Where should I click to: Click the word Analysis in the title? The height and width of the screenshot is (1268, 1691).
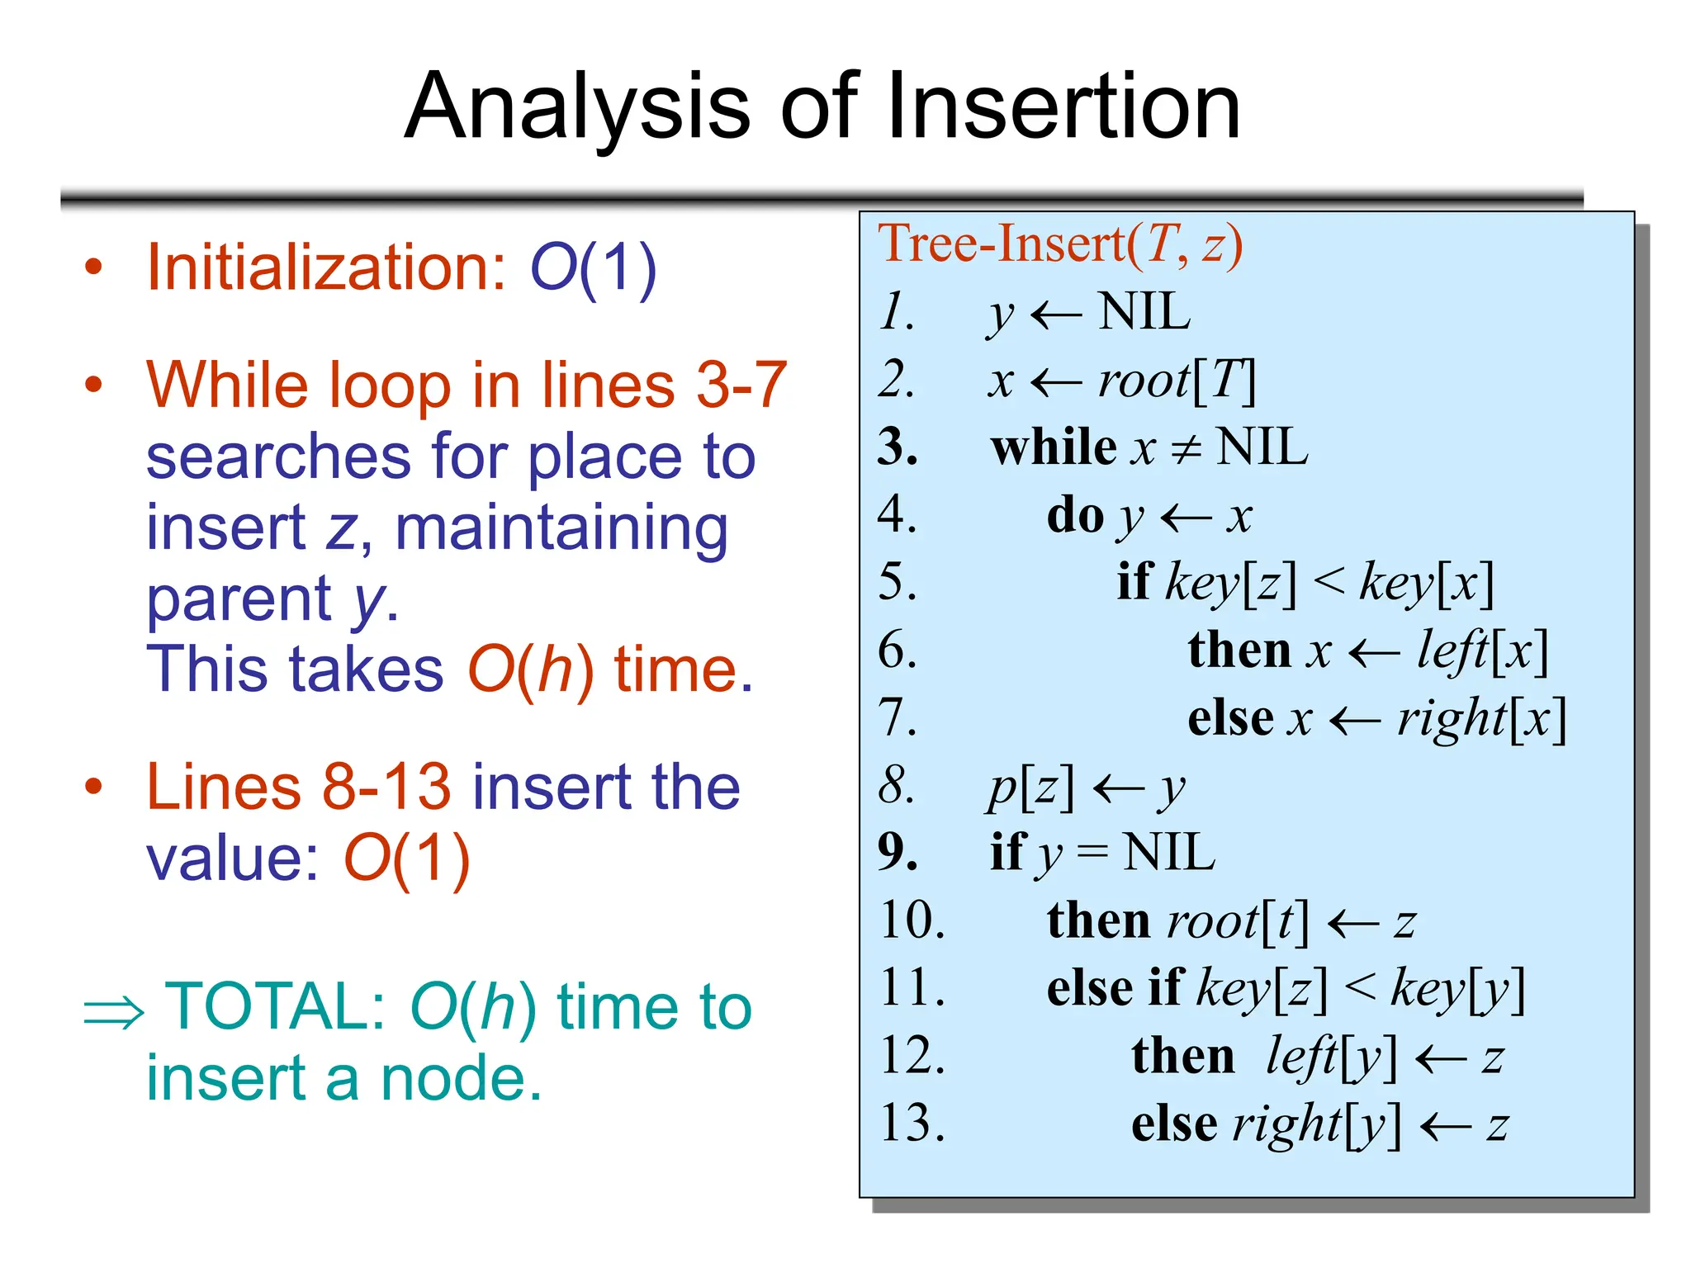(x=577, y=107)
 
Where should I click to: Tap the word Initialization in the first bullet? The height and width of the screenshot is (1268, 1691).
(x=325, y=267)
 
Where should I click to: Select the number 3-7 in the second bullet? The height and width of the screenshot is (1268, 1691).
(x=741, y=385)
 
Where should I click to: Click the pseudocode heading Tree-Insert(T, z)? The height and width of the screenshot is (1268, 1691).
(x=1059, y=244)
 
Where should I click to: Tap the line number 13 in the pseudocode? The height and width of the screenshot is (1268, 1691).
(x=912, y=1124)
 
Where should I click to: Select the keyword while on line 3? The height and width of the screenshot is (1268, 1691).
(x=1054, y=448)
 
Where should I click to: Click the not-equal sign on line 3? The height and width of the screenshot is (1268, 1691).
(x=1187, y=450)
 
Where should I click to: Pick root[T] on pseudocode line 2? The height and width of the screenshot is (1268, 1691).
(x=1176, y=381)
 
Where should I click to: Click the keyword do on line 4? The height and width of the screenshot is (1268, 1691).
(x=1075, y=517)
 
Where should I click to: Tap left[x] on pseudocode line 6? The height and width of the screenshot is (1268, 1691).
(x=1482, y=651)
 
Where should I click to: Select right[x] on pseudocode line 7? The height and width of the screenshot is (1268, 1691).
(x=1481, y=719)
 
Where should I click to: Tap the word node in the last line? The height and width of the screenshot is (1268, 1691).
(x=461, y=1079)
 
